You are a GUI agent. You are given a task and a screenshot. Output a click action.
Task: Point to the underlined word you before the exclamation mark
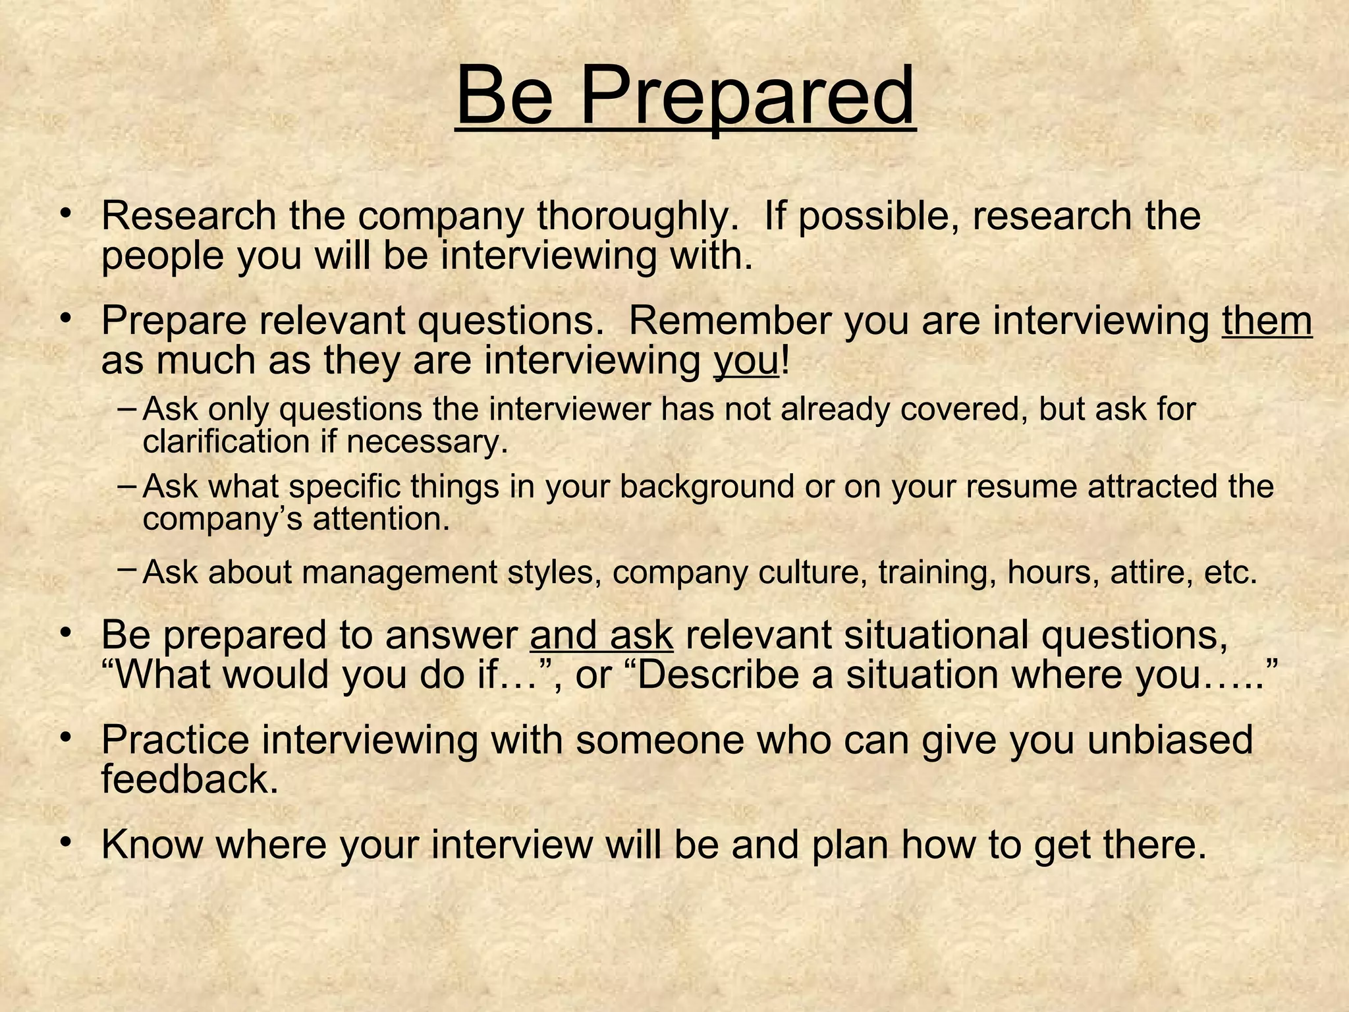[746, 360]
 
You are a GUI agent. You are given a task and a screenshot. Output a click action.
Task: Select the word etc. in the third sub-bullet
[1230, 572]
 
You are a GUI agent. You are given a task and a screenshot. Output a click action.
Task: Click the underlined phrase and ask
[601, 635]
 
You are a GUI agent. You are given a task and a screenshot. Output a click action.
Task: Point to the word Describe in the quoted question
[718, 675]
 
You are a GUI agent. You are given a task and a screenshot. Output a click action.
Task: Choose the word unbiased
[1170, 739]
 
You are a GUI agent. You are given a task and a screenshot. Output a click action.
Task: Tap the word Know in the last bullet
[151, 844]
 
